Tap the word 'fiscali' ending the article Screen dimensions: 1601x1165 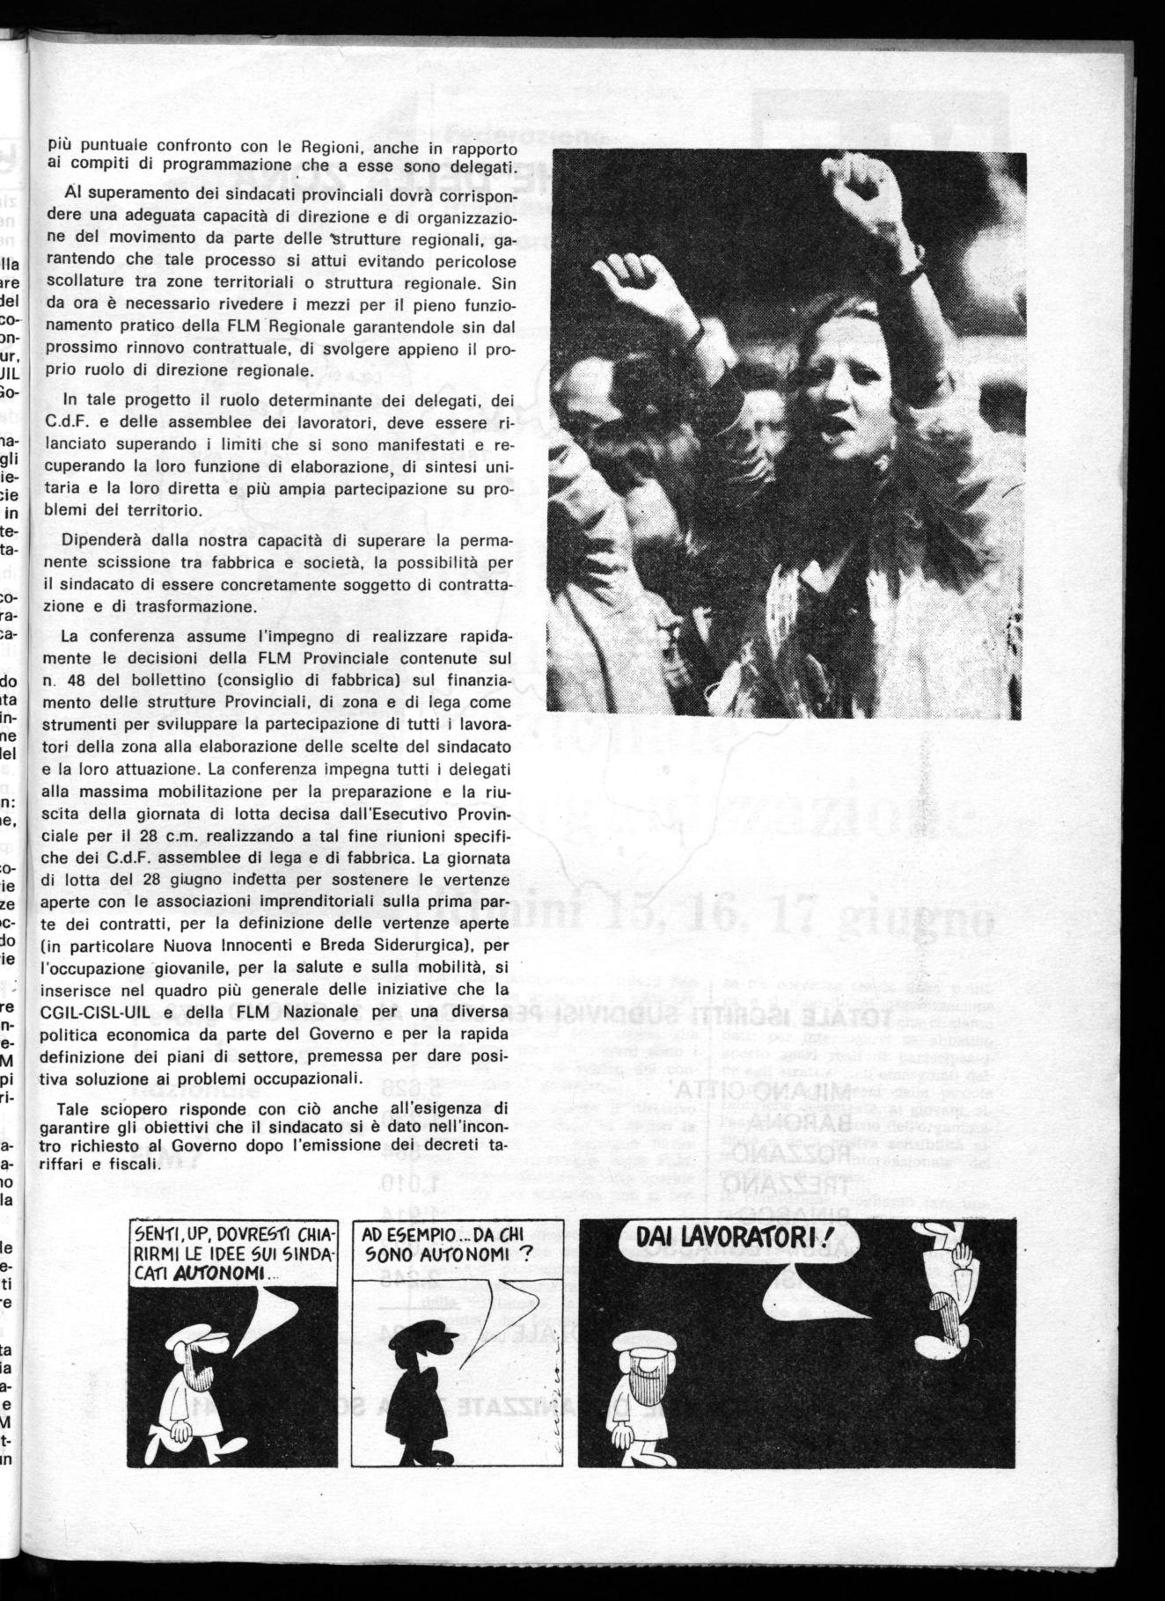(128, 1161)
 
